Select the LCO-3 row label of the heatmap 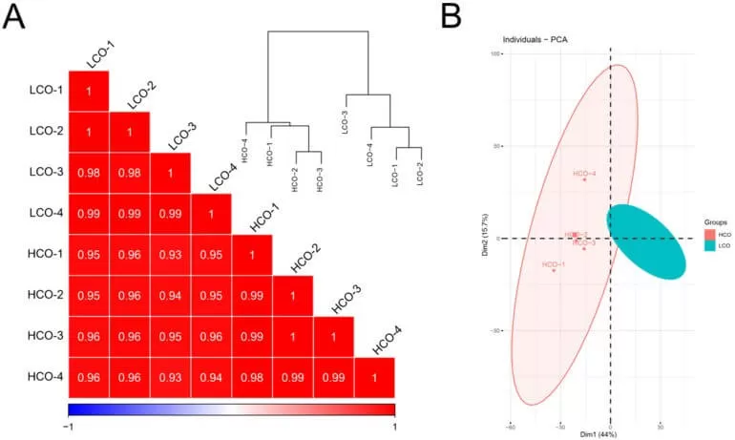point(45,173)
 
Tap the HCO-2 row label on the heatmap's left point(45,295)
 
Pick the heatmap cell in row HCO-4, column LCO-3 point(170,377)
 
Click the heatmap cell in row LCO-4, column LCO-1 point(89,214)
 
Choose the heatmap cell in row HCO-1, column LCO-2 point(130,255)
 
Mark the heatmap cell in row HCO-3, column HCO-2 point(293,336)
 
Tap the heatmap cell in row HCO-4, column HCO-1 point(252,377)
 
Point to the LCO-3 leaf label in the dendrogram point(345,124)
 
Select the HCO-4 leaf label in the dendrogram point(245,153)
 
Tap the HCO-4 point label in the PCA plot point(584,174)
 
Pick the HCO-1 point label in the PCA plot point(553,264)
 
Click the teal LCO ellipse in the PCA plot point(646,241)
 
